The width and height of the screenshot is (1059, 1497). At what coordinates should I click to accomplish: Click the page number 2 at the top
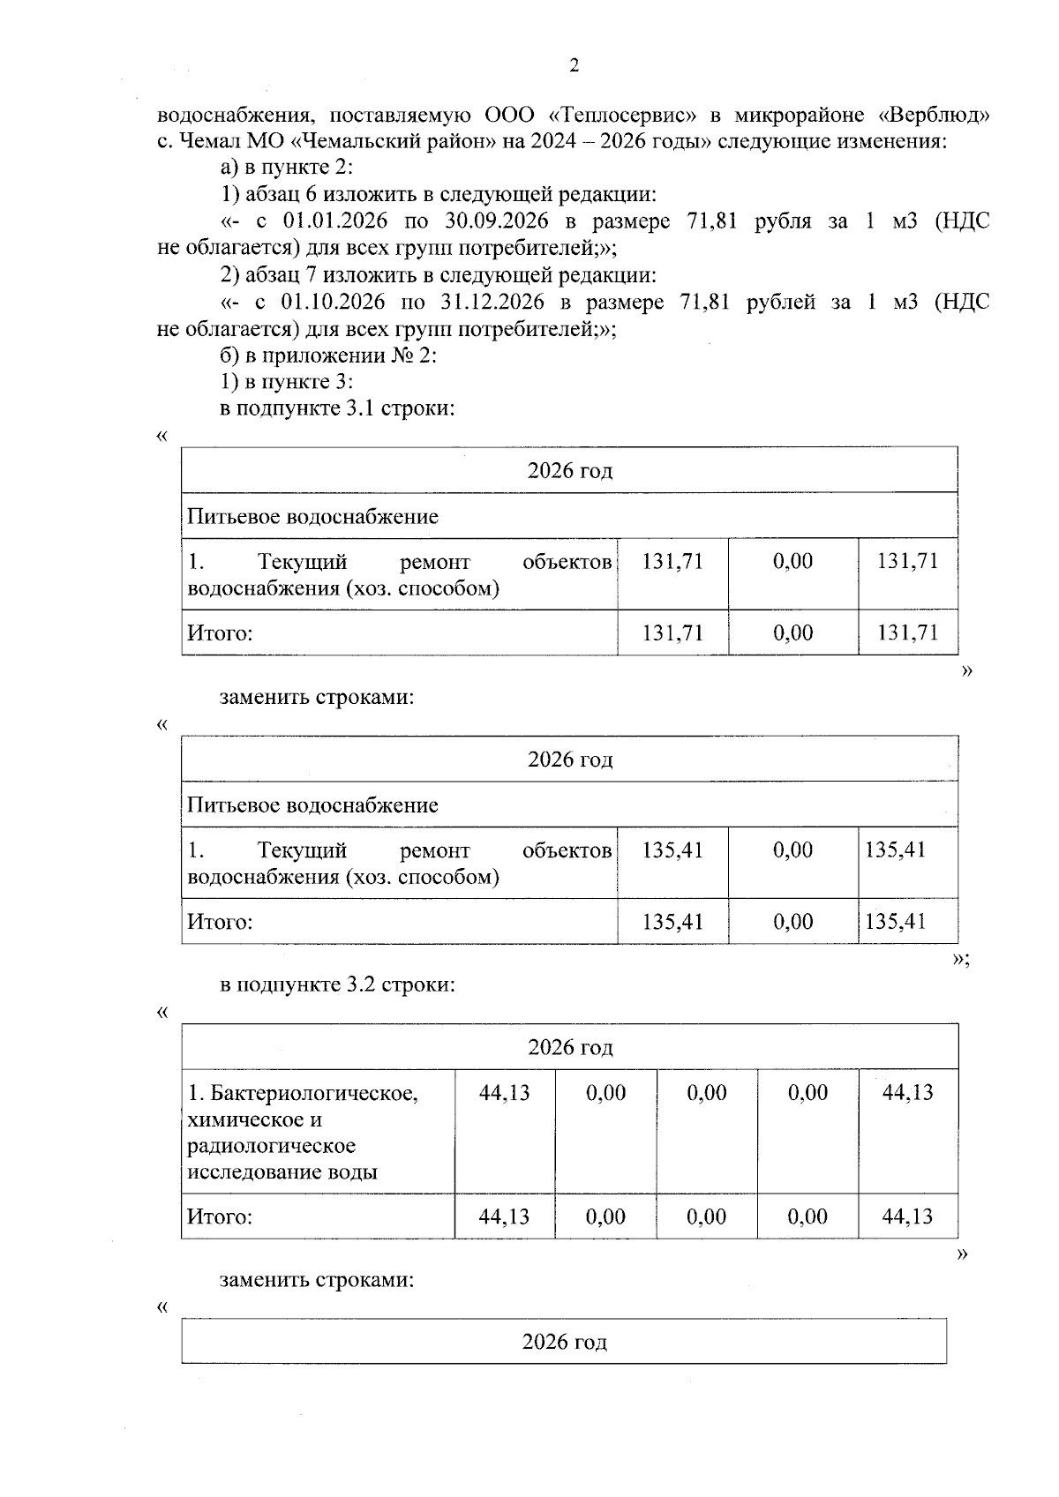575,65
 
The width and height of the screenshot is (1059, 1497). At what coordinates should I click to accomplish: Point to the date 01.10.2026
333,303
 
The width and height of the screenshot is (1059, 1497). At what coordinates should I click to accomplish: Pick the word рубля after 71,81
783,221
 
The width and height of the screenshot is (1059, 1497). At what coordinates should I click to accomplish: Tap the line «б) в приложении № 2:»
328,356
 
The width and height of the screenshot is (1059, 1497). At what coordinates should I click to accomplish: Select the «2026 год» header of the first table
570,470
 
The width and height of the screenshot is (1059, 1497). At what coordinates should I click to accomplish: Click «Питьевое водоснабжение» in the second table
312,805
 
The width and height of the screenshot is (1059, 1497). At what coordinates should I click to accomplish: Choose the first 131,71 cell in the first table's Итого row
672,632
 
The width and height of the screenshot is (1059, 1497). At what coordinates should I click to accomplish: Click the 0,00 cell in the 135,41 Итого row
792,922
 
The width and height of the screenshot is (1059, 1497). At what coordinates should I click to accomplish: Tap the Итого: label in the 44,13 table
220,1217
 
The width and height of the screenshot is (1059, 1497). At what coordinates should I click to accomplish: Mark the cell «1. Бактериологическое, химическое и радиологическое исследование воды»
302,1133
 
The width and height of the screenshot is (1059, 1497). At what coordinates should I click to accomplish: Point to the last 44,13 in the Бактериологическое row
907,1093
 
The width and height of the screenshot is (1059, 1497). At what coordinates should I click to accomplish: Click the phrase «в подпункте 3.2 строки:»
337,984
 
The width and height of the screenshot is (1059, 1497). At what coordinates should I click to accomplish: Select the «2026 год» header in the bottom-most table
565,1343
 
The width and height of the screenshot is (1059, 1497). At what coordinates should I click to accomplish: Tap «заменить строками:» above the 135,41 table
316,697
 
